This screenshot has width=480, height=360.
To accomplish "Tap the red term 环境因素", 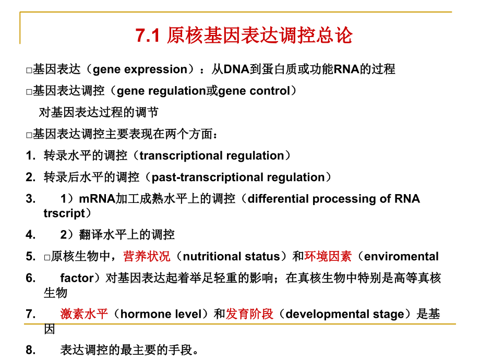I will click(328, 256).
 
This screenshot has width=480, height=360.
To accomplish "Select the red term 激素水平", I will click(84, 314).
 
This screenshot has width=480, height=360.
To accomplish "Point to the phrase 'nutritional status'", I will click(232, 257).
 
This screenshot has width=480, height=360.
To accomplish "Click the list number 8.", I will click(30, 350).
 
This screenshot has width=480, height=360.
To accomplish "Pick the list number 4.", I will click(30, 235).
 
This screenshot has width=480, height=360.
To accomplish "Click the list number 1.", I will click(30, 155).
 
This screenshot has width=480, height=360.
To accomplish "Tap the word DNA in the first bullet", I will click(236, 69).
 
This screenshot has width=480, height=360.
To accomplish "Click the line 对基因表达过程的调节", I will click(99, 112).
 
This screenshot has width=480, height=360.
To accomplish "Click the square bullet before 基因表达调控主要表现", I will click(29, 135).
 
